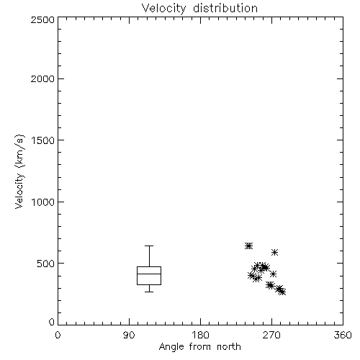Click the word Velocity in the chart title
coord(163,9)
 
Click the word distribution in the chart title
coord(225,8)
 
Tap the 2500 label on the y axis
coord(42,19)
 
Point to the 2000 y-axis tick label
coord(42,78)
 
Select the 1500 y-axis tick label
coord(43,140)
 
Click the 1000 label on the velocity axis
coord(43,202)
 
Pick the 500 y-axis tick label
coord(45,264)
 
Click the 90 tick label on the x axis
coord(129,335)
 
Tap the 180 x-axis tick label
coord(200,335)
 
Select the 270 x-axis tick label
coord(271,335)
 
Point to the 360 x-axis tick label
coord(343,335)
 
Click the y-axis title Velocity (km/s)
coord(19,171)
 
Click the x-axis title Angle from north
coord(199,347)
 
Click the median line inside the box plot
coord(149,274)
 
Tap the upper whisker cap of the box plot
coord(149,246)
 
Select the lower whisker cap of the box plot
coord(149,292)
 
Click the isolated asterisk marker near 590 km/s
coord(274,252)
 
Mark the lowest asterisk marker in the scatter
coord(282,292)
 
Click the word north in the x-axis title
coord(229,346)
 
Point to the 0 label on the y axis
coord(52,322)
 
